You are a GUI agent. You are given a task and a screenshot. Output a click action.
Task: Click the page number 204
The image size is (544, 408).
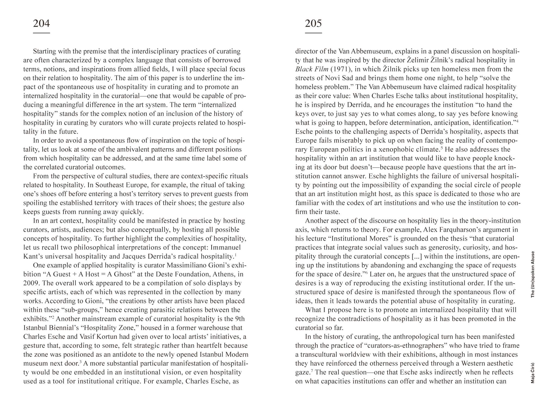(41, 24)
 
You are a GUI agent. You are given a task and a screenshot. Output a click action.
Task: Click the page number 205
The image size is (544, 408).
(313, 24)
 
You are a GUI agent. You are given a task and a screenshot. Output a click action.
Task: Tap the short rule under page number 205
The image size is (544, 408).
(313, 33)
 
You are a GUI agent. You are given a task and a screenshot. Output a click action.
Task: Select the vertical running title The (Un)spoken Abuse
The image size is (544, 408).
(533, 274)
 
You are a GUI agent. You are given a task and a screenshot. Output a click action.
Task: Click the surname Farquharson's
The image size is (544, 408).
(461, 230)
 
